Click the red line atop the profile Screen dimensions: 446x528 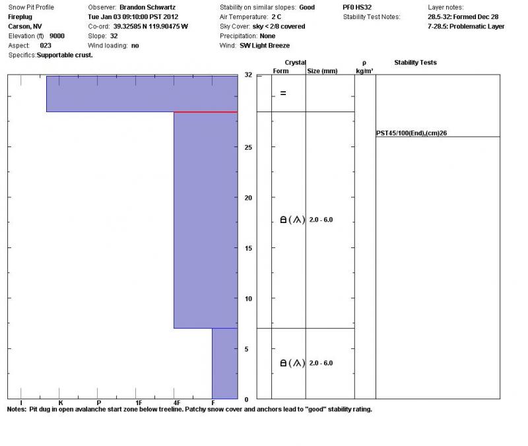click(205, 112)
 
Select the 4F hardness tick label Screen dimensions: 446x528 click(176, 403)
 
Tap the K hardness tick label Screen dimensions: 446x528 click(60, 403)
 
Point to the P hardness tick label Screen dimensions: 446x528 click(99, 403)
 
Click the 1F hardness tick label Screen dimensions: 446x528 click(138, 403)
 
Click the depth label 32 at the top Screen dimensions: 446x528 click(248, 75)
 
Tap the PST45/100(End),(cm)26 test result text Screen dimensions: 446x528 click(412, 133)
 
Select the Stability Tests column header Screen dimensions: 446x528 click(415, 63)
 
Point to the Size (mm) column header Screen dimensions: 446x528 click(322, 71)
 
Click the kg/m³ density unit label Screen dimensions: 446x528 click(364, 71)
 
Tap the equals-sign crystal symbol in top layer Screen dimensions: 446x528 click(283, 93)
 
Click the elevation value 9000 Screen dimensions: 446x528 click(57, 36)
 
